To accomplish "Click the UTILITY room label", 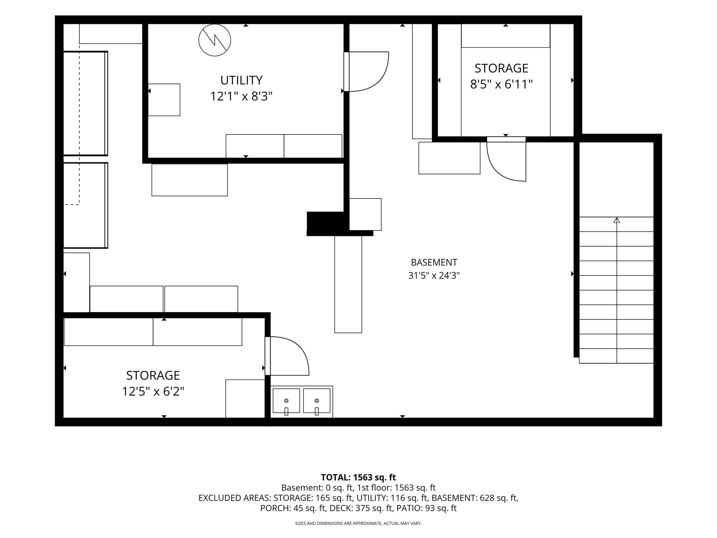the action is click(x=241, y=80).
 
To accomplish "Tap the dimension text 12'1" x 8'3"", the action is click(x=241, y=96).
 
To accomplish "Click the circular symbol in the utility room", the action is click(x=215, y=40).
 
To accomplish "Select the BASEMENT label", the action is click(x=434, y=262).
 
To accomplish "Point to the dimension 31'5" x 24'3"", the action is click(x=434, y=275).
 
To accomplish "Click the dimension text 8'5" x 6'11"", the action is click(x=501, y=84).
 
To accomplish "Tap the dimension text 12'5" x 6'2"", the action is click(x=153, y=391).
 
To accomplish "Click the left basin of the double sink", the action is click(x=286, y=401).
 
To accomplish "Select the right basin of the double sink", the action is click(x=317, y=401).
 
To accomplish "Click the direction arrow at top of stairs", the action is click(x=617, y=220).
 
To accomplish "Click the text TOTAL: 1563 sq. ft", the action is click(x=358, y=477).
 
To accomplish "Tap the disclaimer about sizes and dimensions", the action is click(x=358, y=523).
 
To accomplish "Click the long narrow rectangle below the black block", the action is click(x=348, y=284).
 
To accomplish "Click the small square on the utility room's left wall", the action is click(x=164, y=100).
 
